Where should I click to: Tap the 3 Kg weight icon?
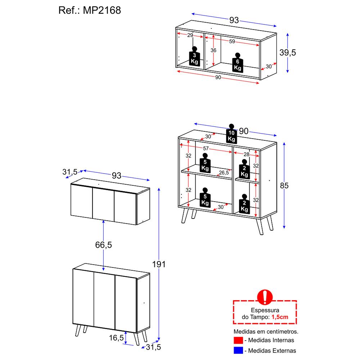(194, 57)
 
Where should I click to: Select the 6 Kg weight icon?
(237, 63)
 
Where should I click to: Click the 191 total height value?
(159, 264)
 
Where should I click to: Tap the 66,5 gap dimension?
(104, 245)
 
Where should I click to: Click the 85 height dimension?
(284, 186)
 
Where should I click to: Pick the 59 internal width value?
(232, 41)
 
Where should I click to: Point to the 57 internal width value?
(205, 148)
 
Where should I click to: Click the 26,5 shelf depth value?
(224, 173)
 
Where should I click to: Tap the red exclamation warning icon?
(265, 297)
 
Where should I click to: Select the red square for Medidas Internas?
(238, 340)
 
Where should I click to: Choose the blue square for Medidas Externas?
(238, 350)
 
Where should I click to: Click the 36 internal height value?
(213, 50)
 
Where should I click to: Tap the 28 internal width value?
(246, 154)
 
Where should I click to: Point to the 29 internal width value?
(190, 35)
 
